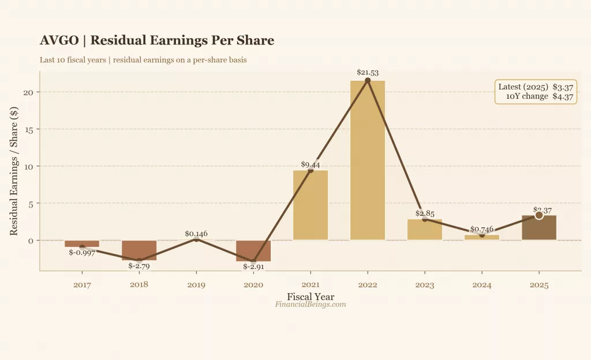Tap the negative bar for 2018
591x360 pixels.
[139, 250]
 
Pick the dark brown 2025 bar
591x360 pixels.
[539, 228]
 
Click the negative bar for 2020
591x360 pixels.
[253, 251]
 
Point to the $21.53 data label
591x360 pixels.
[368, 73]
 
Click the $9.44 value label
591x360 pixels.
[311, 164]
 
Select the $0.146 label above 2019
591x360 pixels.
[196, 234]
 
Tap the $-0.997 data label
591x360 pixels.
[82, 252]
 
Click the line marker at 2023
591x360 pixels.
[425, 219]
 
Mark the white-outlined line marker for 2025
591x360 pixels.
[539, 215]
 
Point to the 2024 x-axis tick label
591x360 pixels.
[482, 285]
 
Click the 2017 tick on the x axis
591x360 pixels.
[82, 285]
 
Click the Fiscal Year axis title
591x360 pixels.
[311, 297]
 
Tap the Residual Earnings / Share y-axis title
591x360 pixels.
[14, 170]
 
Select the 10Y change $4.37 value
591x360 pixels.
[563, 97]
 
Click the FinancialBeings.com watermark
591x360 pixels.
[311, 304]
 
